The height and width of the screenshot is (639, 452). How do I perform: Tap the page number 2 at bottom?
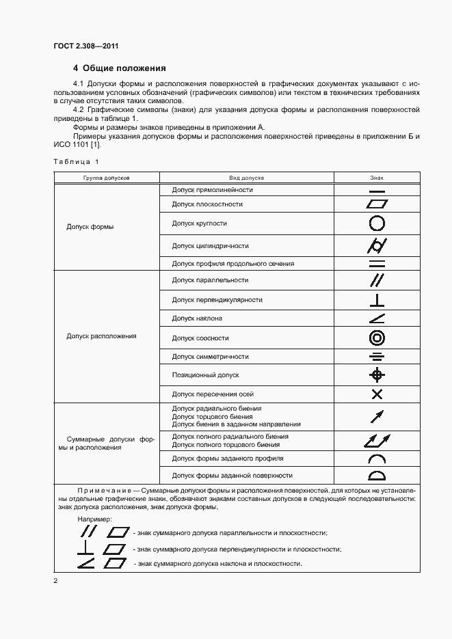55,581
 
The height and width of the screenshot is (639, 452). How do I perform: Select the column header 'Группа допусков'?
106,178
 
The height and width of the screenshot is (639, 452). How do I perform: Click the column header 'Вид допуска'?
246,178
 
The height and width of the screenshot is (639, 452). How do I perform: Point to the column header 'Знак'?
377,178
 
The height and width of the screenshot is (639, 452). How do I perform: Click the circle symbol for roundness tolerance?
377,223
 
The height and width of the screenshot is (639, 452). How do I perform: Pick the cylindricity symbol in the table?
377,246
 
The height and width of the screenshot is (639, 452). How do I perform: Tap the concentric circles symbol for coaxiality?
377,338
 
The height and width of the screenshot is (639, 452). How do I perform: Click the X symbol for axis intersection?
377,394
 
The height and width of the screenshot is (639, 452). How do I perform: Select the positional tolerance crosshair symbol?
377,375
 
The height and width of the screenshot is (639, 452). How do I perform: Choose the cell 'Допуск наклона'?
197,318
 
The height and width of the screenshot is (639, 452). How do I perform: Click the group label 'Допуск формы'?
90,227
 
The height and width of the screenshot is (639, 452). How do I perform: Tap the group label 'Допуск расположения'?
101,336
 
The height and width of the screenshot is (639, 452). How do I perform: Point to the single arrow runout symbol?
377,416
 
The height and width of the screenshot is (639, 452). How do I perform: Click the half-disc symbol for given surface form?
377,476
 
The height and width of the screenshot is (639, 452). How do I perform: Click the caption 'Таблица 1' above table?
76,161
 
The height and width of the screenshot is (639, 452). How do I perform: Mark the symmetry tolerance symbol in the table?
377,357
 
